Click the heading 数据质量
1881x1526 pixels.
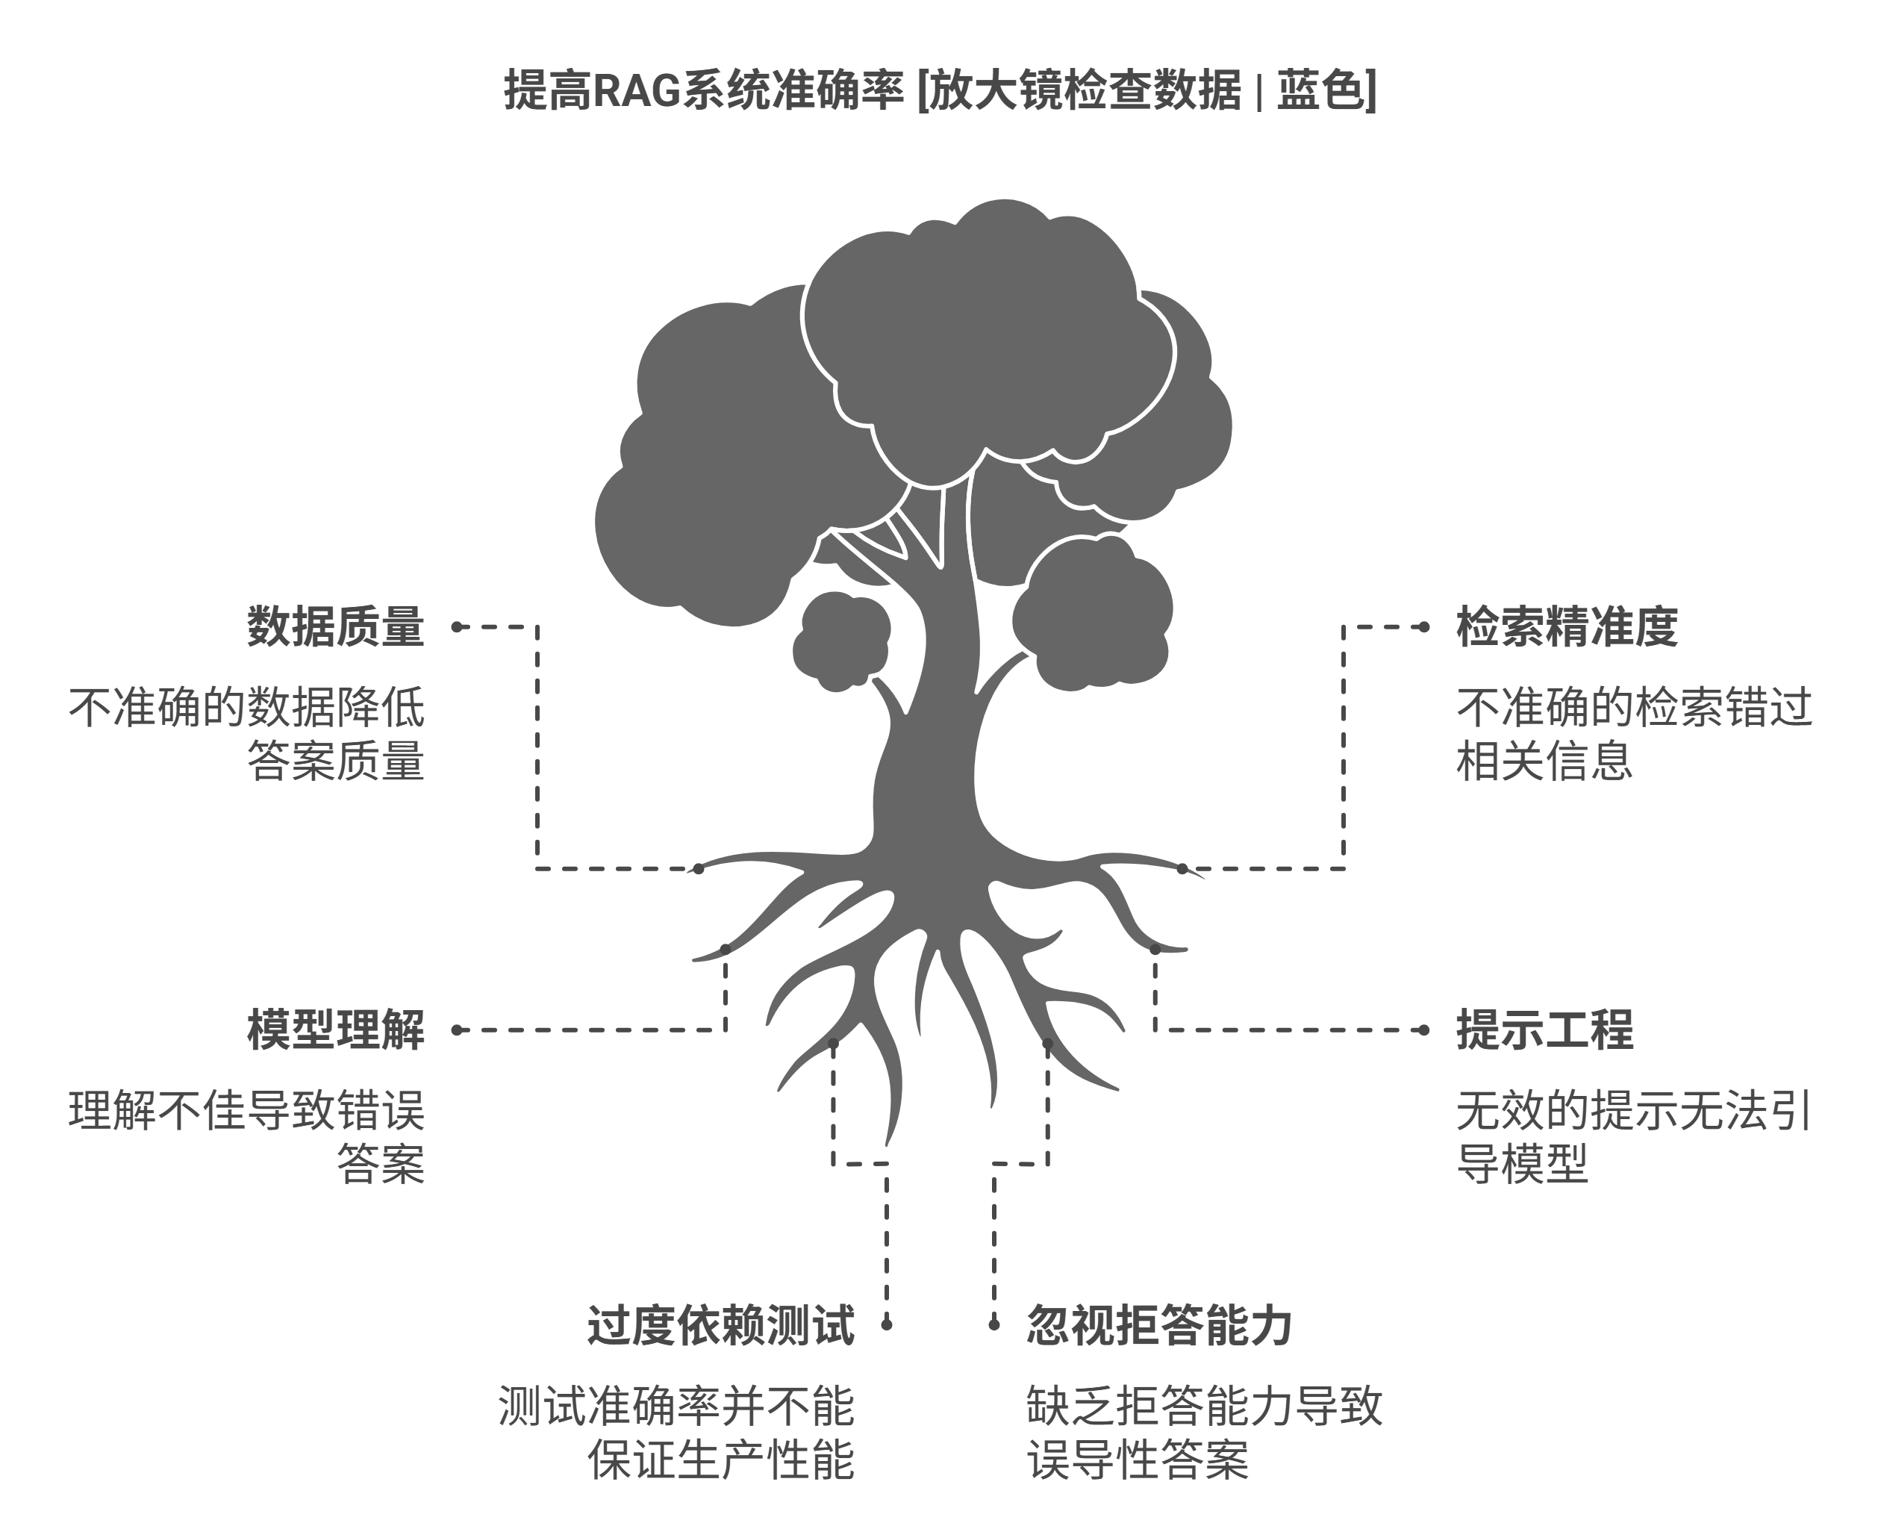(x=336, y=627)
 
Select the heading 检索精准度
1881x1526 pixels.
(x=1567, y=627)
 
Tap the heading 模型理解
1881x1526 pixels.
(x=336, y=1030)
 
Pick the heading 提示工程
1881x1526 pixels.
(x=1544, y=1030)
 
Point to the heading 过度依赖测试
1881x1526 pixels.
(x=721, y=1326)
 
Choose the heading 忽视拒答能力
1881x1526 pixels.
(x=1159, y=1326)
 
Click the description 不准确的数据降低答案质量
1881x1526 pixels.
(x=247, y=734)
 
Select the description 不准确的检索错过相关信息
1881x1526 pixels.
(x=1634, y=734)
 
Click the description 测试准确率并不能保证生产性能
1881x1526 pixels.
(x=676, y=1433)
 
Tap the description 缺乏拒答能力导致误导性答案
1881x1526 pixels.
(x=1204, y=1433)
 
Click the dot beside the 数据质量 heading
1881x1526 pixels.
(x=456, y=627)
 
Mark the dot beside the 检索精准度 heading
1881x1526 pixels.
(x=1424, y=627)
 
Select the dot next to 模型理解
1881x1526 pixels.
(x=456, y=1030)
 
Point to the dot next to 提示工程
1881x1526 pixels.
(x=1424, y=1030)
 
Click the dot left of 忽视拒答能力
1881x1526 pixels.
(x=994, y=1324)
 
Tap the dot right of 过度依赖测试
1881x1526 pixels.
(x=886, y=1324)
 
